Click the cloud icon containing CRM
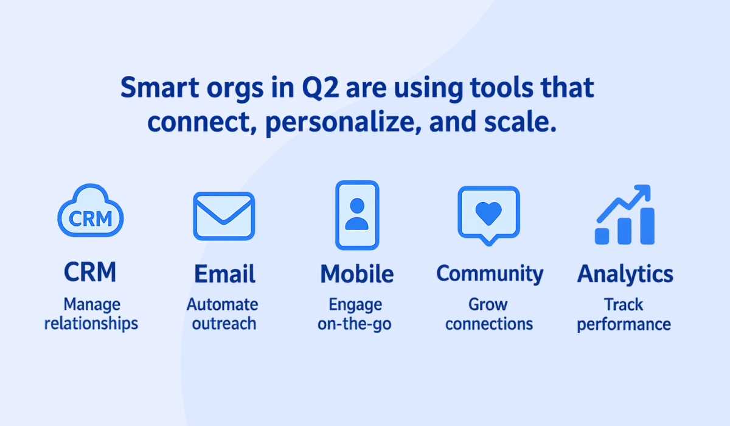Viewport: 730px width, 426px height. pyautogui.click(x=90, y=195)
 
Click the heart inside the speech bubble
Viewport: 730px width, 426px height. pyautogui.click(x=488, y=213)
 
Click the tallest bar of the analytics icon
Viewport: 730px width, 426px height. pyautogui.click(x=647, y=226)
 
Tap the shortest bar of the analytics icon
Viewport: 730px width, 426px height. pyautogui.click(x=602, y=236)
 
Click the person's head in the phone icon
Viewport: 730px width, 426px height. pyautogui.click(x=357, y=205)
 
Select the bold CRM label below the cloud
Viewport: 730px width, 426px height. pyautogui.click(x=90, y=271)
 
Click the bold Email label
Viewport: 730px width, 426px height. pyautogui.click(x=224, y=273)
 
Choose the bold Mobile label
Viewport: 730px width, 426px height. pyautogui.click(x=357, y=273)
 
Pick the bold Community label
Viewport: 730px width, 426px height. pyautogui.click(x=490, y=274)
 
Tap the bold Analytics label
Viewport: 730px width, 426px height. pyautogui.click(x=625, y=274)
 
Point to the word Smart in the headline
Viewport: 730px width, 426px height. pyautogui.click(x=159, y=88)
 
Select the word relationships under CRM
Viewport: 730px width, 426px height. pyautogui.click(x=91, y=324)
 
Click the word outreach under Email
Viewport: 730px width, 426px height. pyautogui.click(x=224, y=324)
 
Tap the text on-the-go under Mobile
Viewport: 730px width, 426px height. pyautogui.click(x=355, y=324)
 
